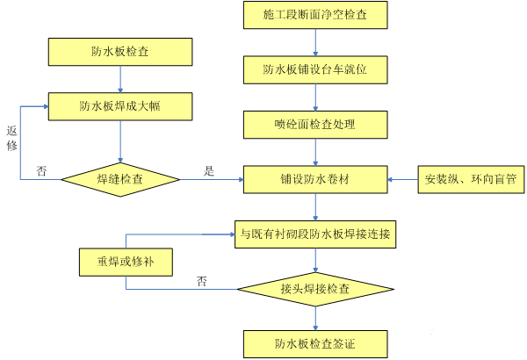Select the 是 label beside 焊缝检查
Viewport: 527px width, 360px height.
(x=209, y=171)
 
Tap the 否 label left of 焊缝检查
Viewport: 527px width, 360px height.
(x=41, y=171)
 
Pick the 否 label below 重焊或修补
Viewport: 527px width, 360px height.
(x=202, y=281)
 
